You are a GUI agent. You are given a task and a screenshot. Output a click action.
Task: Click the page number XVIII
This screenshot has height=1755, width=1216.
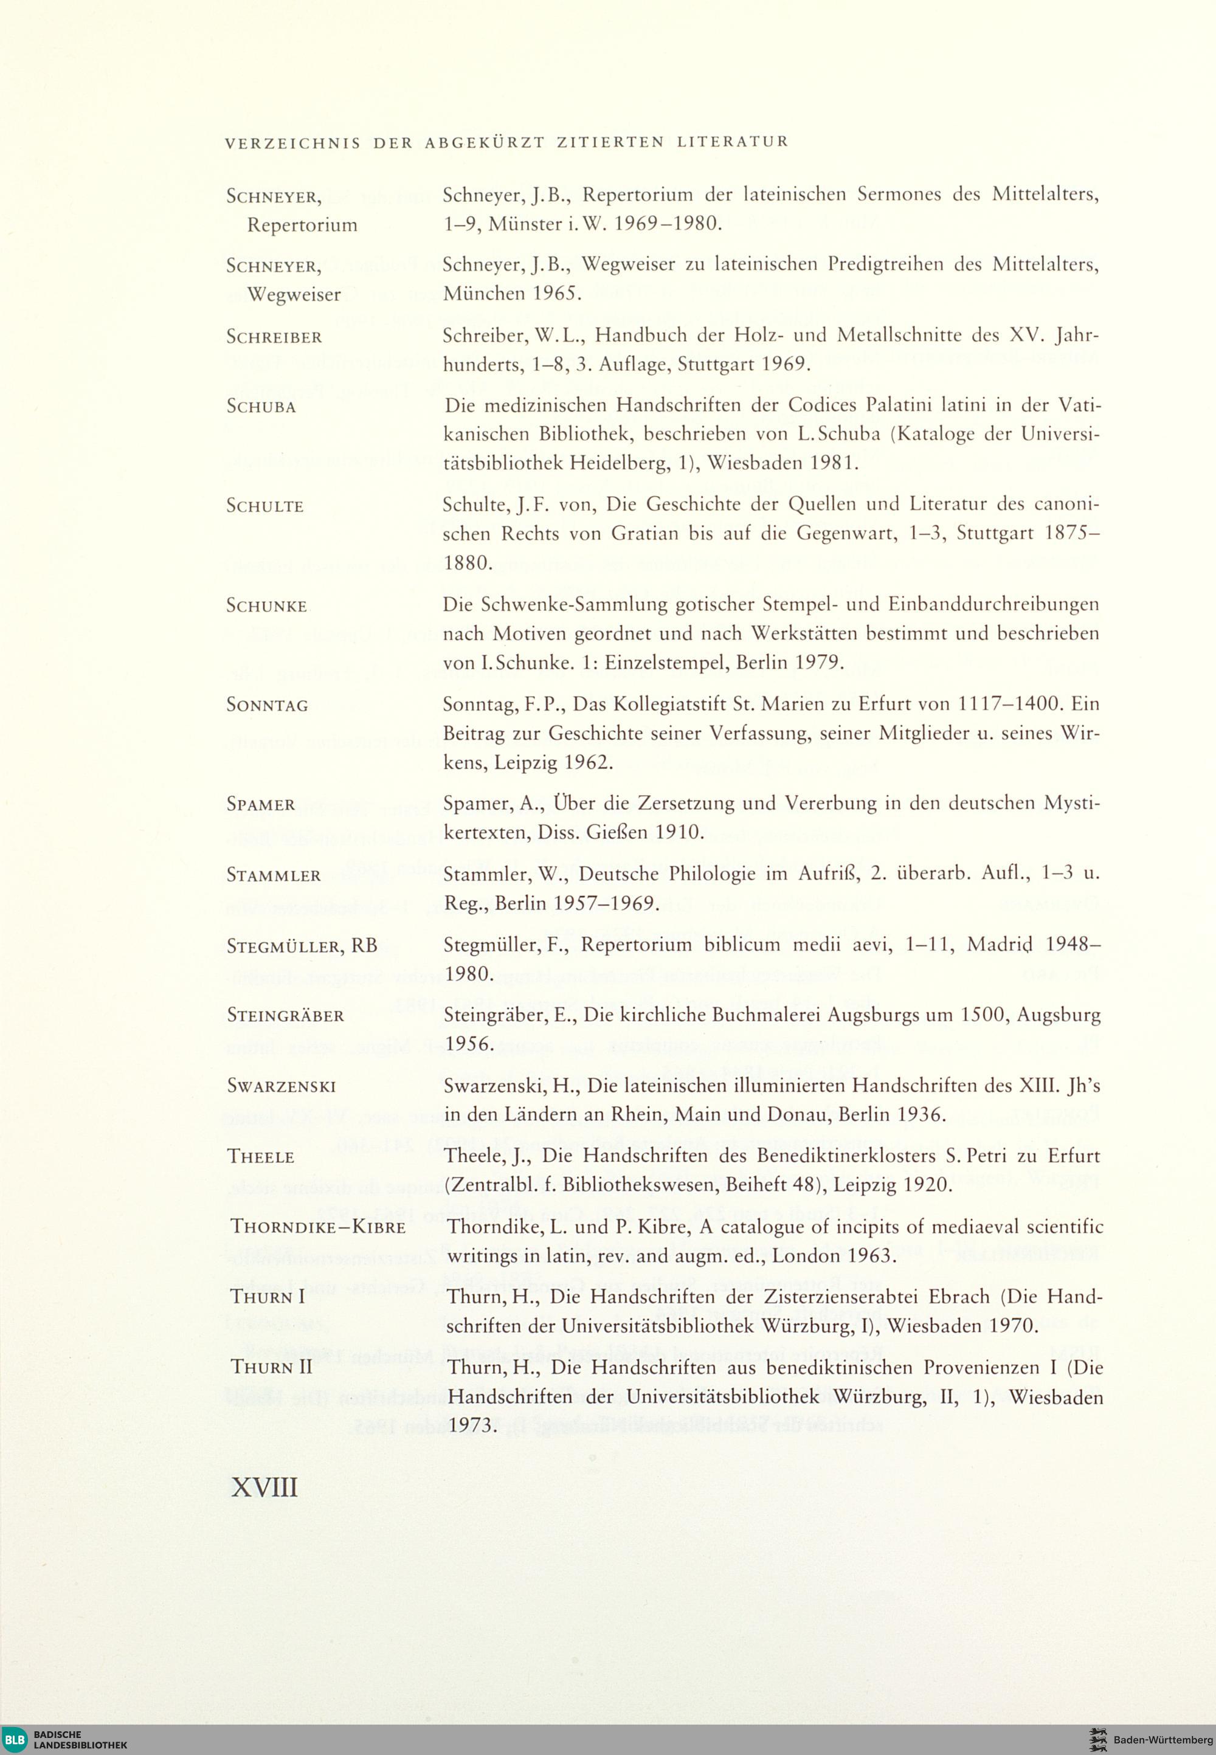[264, 1486]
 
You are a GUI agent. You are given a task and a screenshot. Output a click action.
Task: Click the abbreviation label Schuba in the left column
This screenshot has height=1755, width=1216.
[261, 407]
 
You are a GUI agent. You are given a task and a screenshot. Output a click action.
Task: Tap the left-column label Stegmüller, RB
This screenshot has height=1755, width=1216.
[302, 945]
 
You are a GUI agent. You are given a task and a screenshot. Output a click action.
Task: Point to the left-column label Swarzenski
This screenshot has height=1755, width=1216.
[281, 1086]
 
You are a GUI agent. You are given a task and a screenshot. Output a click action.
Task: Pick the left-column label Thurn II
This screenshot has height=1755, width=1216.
[272, 1367]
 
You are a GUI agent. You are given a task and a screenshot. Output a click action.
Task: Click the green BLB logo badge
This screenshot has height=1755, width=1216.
[15, 1738]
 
